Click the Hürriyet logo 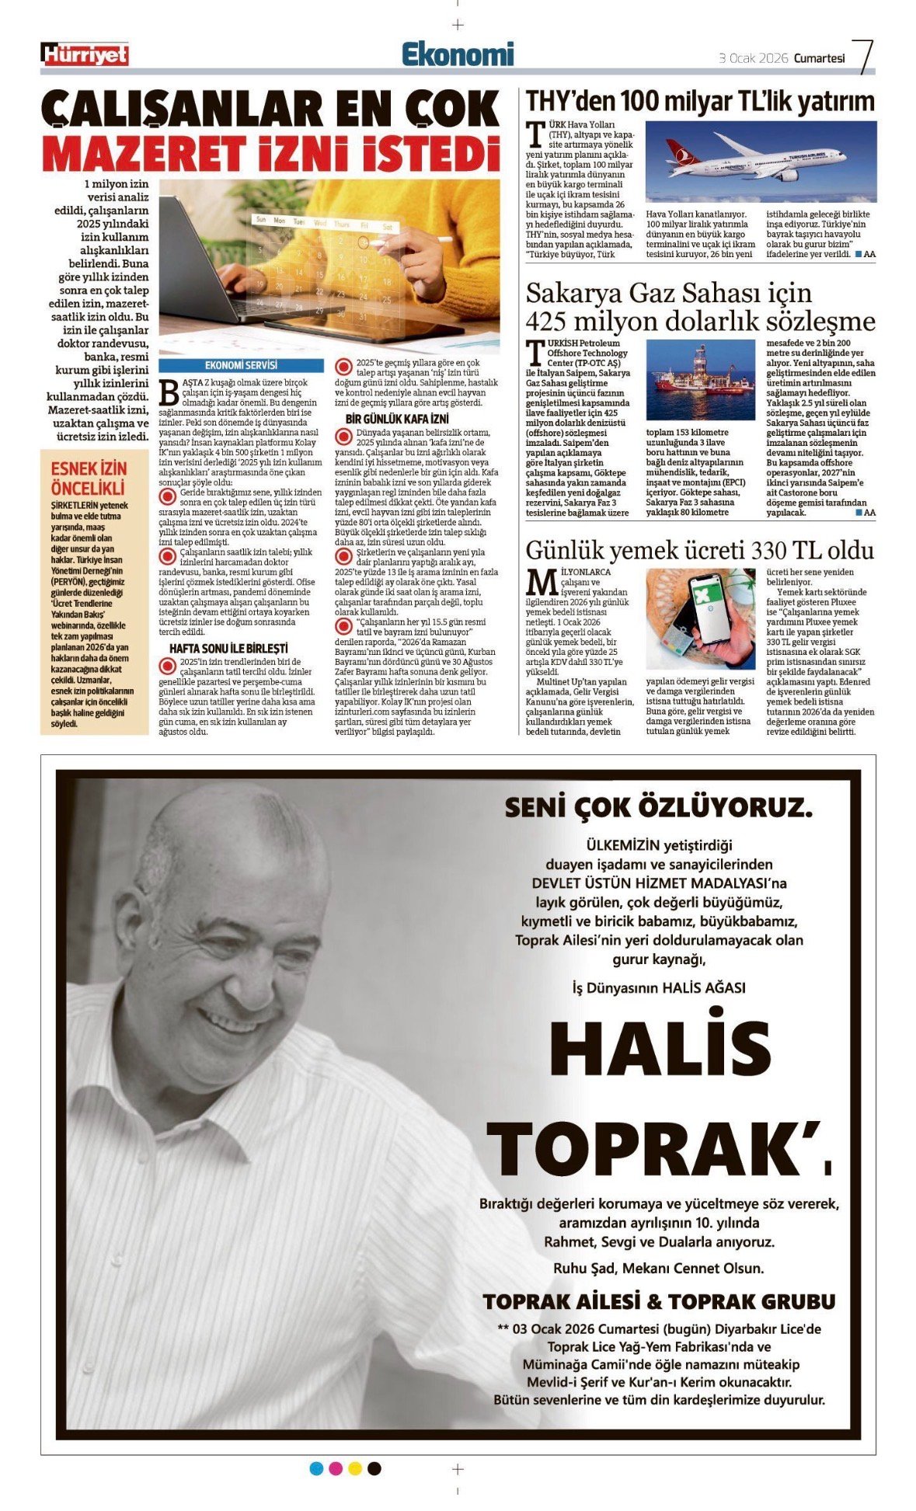pos(85,54)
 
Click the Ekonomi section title pos(458,54)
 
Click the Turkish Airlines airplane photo pos(761,162)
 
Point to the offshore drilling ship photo pos(700,380)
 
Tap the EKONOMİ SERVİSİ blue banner pos(241,365)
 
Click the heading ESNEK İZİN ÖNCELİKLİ pos(88,478)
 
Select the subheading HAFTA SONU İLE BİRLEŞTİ pos(228,648)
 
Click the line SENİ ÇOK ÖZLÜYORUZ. pos(658,808)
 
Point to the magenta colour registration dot pos(336,1468)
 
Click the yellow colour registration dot pos(355,1468)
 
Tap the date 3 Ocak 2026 pos(753,58)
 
